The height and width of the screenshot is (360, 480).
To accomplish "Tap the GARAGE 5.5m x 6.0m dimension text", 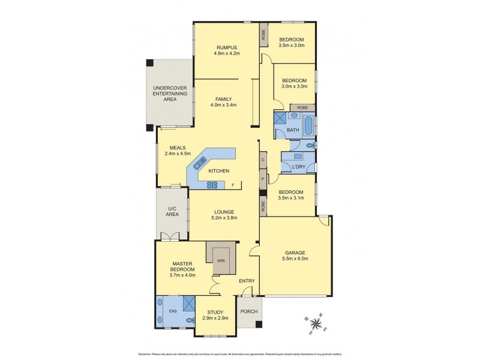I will [x=295, y=259].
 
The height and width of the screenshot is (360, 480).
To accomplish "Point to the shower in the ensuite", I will [x=189, y=304].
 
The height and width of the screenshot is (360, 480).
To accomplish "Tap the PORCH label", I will [x=248, y=312].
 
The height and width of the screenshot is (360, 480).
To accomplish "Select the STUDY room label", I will [x=215, y=312].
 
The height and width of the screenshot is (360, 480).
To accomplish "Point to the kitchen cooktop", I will [x=212, y=185].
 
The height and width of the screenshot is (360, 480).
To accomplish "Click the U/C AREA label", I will [x=173, y=211].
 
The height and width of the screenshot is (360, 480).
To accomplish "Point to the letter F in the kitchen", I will [x=233, y=185].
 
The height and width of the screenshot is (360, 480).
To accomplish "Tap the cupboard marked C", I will [x=263, y=160].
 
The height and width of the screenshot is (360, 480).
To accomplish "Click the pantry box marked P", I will [x=263, y=179].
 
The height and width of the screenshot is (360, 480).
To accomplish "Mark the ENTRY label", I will [x=247, y=281].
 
